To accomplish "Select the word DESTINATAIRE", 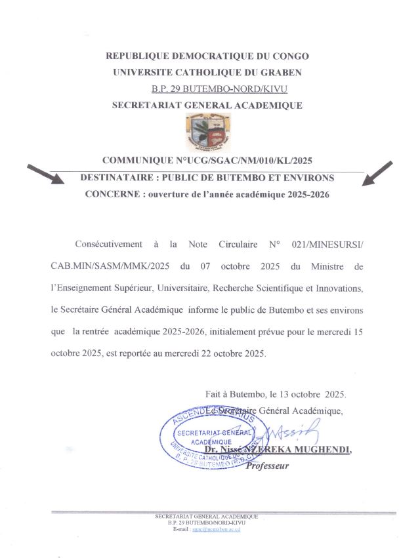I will [x=113, y=178].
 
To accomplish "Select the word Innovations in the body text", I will [x=342, y=288].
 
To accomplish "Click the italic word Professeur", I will [x=266, y=466].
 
